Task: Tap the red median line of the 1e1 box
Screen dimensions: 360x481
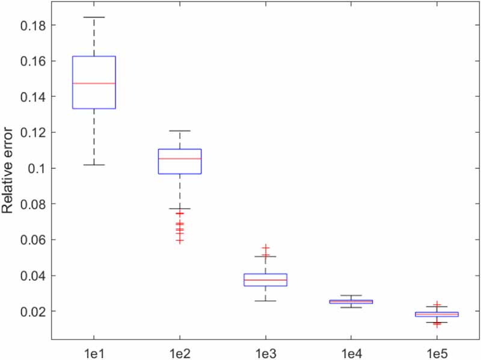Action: pyautogui.click(x=94, y=84)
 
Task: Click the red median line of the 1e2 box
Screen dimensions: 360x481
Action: pyautogui.click(x=179, y=159)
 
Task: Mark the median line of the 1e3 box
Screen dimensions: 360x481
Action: pyautogui.click(x=265, y=280)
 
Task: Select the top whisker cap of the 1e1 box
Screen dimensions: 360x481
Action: pyautogui.click(x=94, y=17)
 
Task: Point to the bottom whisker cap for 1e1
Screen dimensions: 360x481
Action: pyautogui.click(x=94, y=165)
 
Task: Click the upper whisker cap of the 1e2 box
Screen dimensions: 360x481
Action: pyautogui.click(x=179, y=130)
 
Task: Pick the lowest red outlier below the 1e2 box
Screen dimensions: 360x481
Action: pyautogui.click(x=179, y=241)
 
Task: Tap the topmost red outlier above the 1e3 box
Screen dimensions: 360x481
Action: pyautogui.click(x=265, y=247)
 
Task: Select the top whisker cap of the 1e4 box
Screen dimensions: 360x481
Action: pyautogui.click(x=351, y=296)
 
